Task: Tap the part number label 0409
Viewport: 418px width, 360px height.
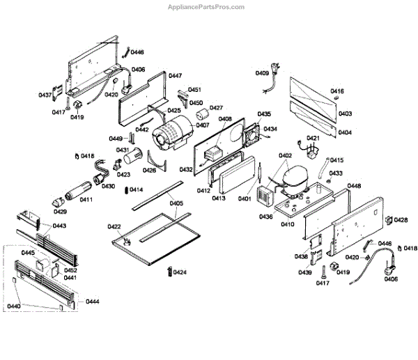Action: coord(262,73)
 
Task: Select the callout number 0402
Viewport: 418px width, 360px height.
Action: coord(285,156)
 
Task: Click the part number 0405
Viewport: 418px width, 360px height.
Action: coord(176,204)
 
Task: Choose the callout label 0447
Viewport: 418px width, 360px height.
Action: coord(175,75)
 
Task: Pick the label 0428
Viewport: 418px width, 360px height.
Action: coord(401,220)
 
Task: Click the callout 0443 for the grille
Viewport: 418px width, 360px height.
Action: coord(60,226)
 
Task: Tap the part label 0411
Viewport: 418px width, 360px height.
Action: coord(86,200)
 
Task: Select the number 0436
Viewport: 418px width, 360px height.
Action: coord(265,217)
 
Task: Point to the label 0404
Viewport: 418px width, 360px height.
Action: coord(344,132)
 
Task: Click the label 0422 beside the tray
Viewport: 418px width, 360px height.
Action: coord(114,227)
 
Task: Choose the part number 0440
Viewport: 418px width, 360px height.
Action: coord(14,306)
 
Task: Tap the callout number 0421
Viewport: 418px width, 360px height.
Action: coord(313,139)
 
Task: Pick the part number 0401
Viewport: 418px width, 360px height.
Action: coord(244,198)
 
